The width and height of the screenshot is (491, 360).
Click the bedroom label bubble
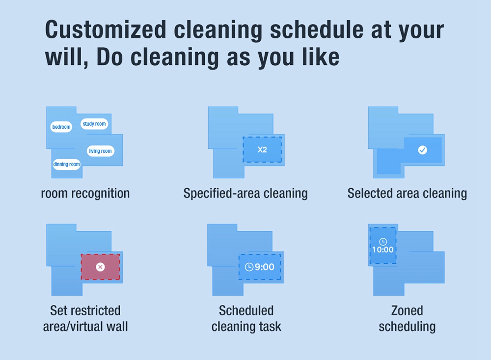tap(61, 127)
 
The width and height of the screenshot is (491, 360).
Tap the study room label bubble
tap(94, 124)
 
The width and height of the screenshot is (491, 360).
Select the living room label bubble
tap(100, 151)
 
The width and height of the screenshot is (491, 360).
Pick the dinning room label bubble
tap(66, 164)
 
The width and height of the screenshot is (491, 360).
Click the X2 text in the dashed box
tap(262, 150)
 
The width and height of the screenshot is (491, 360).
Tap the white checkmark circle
tap(422, 150)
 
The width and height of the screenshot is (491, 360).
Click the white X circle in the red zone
tap(100, 267)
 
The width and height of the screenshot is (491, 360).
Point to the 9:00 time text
tap(264, 267)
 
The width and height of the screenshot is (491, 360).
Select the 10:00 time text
tap(382, 249)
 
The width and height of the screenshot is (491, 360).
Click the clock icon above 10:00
tap(383, 242)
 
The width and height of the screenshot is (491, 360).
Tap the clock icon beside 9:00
tap(249, 267)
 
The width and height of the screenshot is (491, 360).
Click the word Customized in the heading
tap(106, 30)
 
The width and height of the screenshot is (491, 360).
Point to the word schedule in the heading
tap(316, 30)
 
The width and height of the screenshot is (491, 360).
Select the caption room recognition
tap(85, 194)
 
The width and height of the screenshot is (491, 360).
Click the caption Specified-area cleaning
tap(245, 194)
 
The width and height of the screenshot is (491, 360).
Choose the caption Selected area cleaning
tap(407, 194)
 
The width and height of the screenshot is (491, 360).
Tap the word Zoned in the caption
tap(407, 310)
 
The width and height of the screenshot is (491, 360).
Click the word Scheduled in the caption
tap(246, 310)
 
